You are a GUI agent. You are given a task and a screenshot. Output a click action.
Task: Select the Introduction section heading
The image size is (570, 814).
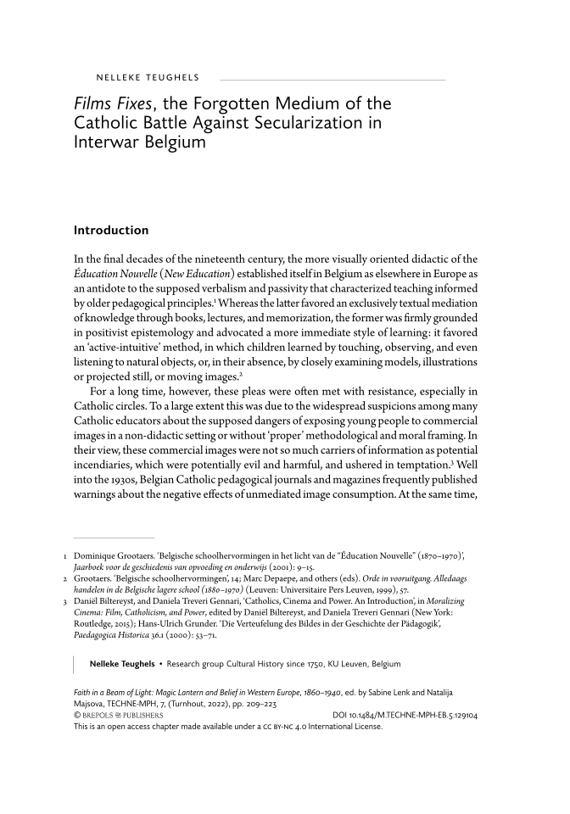tap(111, 230)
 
